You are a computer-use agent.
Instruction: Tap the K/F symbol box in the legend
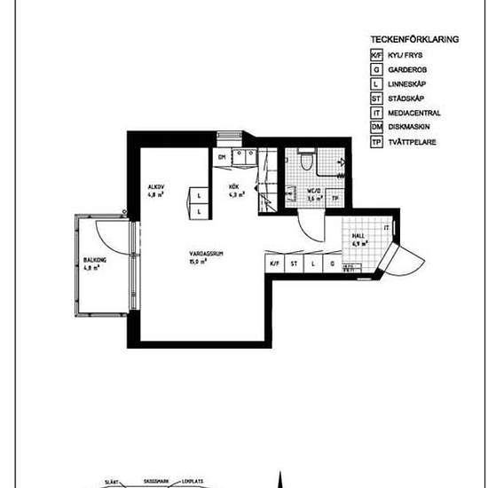click(x=376, y=54)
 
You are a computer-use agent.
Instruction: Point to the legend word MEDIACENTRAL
click(x=414, y=113)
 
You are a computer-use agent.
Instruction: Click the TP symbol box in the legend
click(x=376, y=142)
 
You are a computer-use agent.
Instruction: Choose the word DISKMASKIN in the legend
click(x=411, y=128)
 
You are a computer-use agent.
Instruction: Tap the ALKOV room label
click(x=157, y=186)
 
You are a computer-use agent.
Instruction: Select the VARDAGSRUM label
click(x=203, y=255)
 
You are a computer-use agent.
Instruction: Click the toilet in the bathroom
click(x=304, y=160)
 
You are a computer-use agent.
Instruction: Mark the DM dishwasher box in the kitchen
click(x=222, y=158)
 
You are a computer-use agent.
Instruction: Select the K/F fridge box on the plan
click(x=274, y=264)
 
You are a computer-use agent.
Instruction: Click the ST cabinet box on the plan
click(x=294, y=264)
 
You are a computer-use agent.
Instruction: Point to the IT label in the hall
click(x=386, y=228)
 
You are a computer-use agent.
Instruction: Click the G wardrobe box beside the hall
click(x=332, y=264)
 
